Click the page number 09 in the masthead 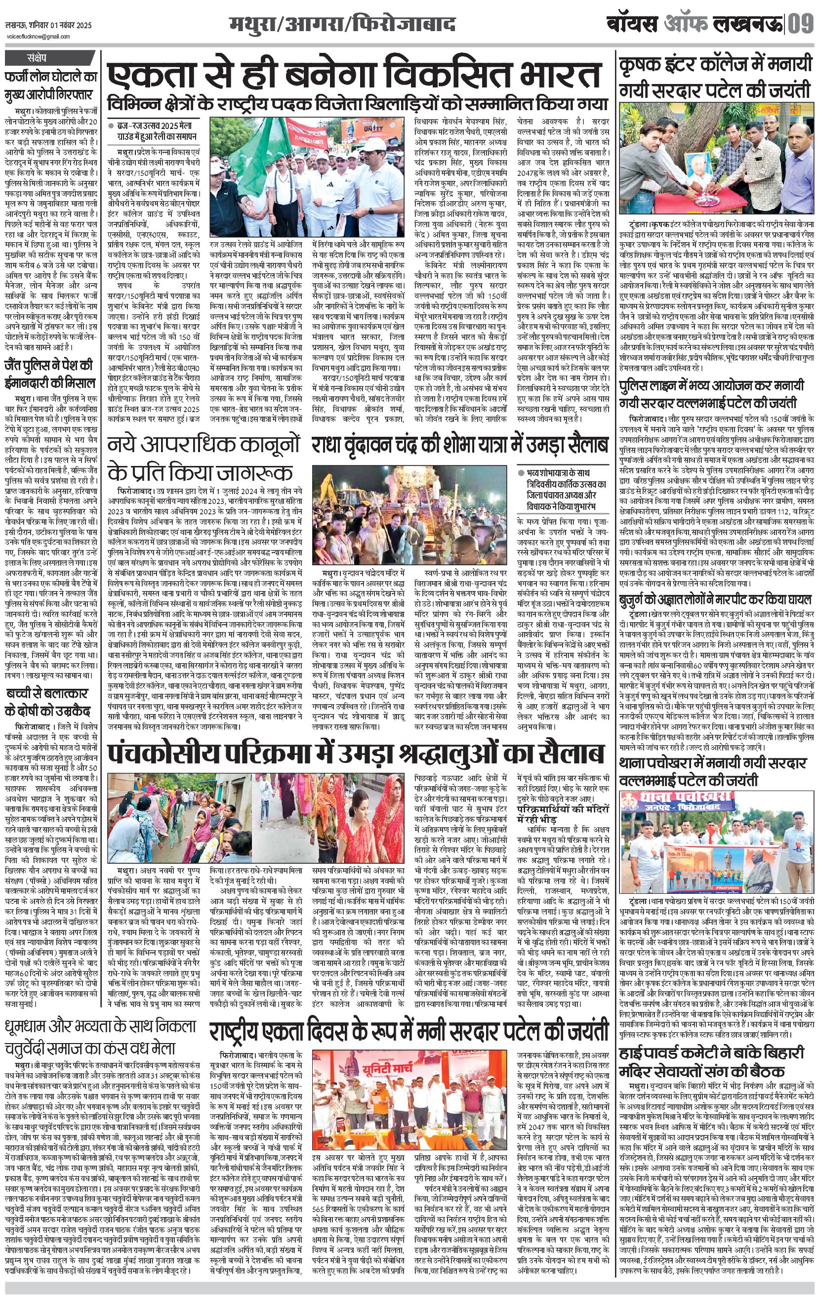coord(801,25)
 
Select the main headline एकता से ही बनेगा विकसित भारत coord(354,75)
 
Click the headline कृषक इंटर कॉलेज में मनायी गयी coord(715,76)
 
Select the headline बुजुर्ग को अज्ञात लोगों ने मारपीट coord(715,600)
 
